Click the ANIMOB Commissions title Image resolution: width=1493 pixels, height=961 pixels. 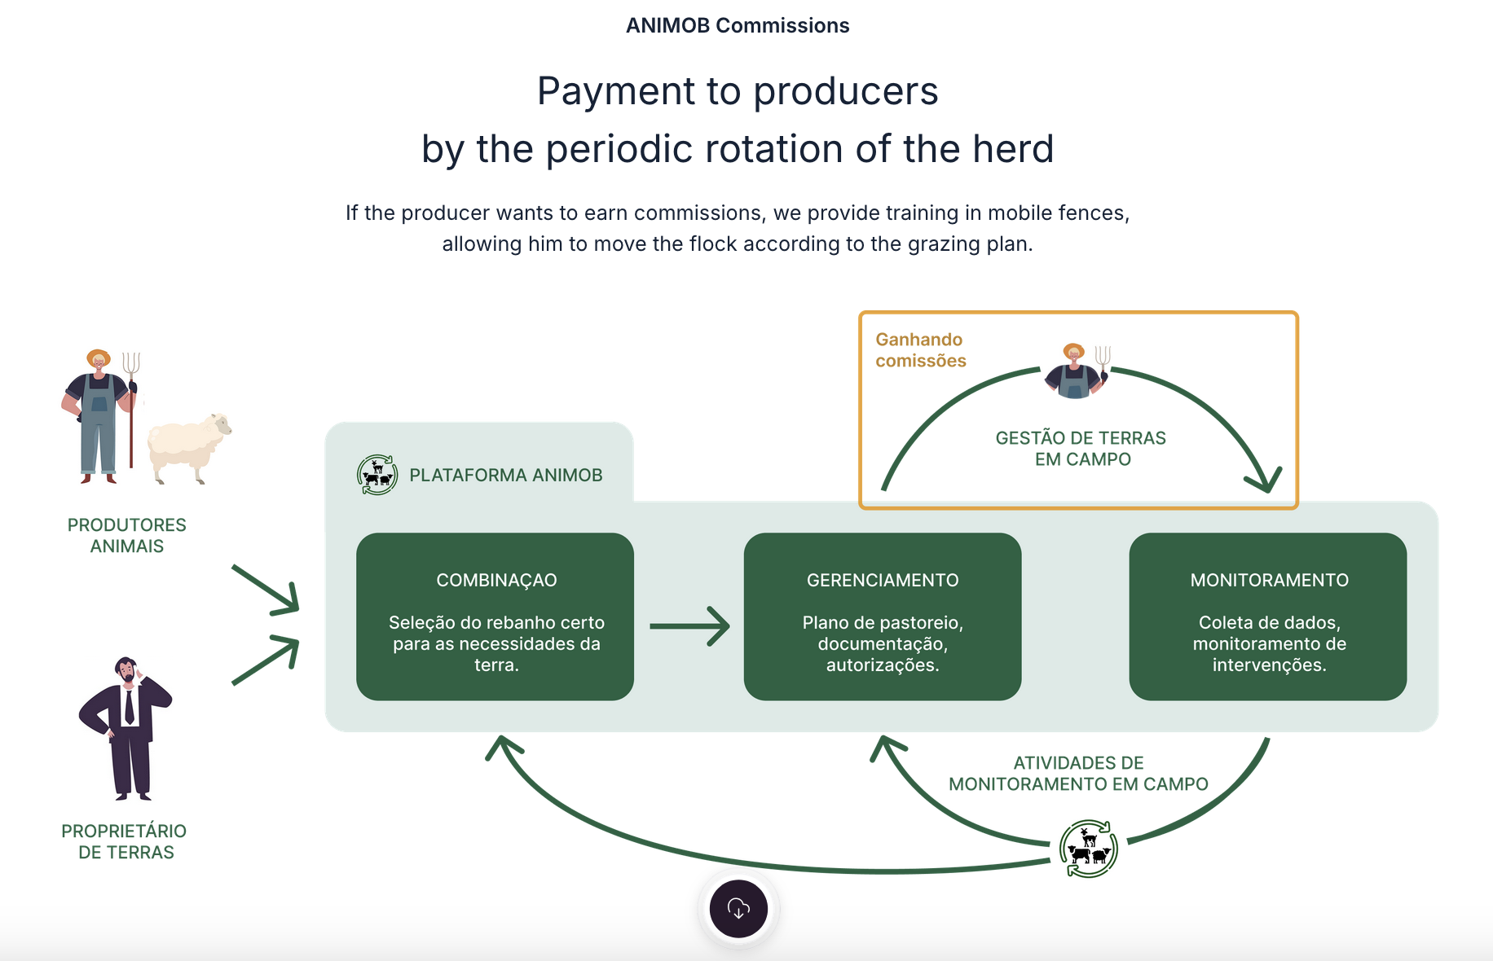pos(738,26)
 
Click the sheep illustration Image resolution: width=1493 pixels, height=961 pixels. pos(188,447)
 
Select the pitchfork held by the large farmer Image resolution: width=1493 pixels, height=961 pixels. pos(131,407)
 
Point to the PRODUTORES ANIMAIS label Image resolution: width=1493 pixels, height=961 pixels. pos(127,536)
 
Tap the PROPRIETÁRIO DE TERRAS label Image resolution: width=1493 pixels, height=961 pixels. pos(125,841)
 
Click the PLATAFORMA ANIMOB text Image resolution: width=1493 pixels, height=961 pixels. pos(506,476)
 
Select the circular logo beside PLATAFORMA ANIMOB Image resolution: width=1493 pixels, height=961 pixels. pos(377,475)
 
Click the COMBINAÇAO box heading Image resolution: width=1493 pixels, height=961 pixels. pos(496,581)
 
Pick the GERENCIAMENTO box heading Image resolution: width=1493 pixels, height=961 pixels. pos(883,581)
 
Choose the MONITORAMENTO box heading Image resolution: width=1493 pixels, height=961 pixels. pos(1269,581)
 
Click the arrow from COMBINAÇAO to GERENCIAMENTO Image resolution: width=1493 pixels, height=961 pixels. pos(689,626)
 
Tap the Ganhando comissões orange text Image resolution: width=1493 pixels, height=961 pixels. pos(920,350)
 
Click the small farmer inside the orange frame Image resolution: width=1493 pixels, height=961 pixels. pos(1076,371)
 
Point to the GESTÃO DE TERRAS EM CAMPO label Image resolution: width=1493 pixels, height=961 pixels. pos(1081,449)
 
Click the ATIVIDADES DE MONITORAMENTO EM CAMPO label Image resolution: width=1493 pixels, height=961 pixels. pos(1078,774)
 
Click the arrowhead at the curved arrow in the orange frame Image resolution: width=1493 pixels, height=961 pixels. pos(1265,480)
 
